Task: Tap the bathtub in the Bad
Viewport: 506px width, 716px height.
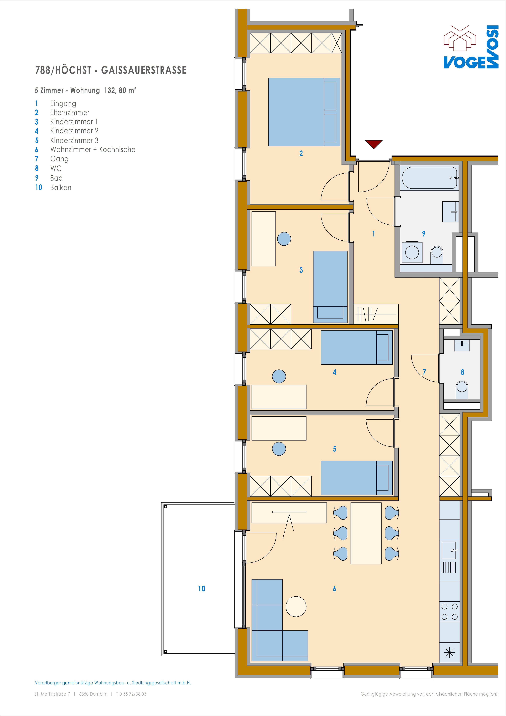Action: coord(430,178)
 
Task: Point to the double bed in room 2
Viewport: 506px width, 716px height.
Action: coord(304,112)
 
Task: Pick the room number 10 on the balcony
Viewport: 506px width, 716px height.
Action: coord(202,588)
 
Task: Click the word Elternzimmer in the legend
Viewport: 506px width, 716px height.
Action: coord(70,113)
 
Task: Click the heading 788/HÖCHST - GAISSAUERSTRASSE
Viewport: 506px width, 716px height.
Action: coord(111,70)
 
